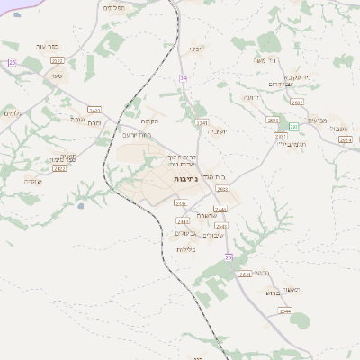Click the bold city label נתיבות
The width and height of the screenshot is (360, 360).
[185, 180]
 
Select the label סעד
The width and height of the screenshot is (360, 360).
[57, 76]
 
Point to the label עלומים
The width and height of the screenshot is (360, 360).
[13, 112]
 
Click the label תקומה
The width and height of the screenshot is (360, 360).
[149, 121]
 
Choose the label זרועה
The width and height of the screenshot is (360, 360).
[250, 97]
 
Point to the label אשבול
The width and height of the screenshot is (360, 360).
[338, 128]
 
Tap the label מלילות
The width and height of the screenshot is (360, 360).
[185, 249]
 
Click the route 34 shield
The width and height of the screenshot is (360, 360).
[184, 78]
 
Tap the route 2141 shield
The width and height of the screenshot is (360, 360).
[202, 122]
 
